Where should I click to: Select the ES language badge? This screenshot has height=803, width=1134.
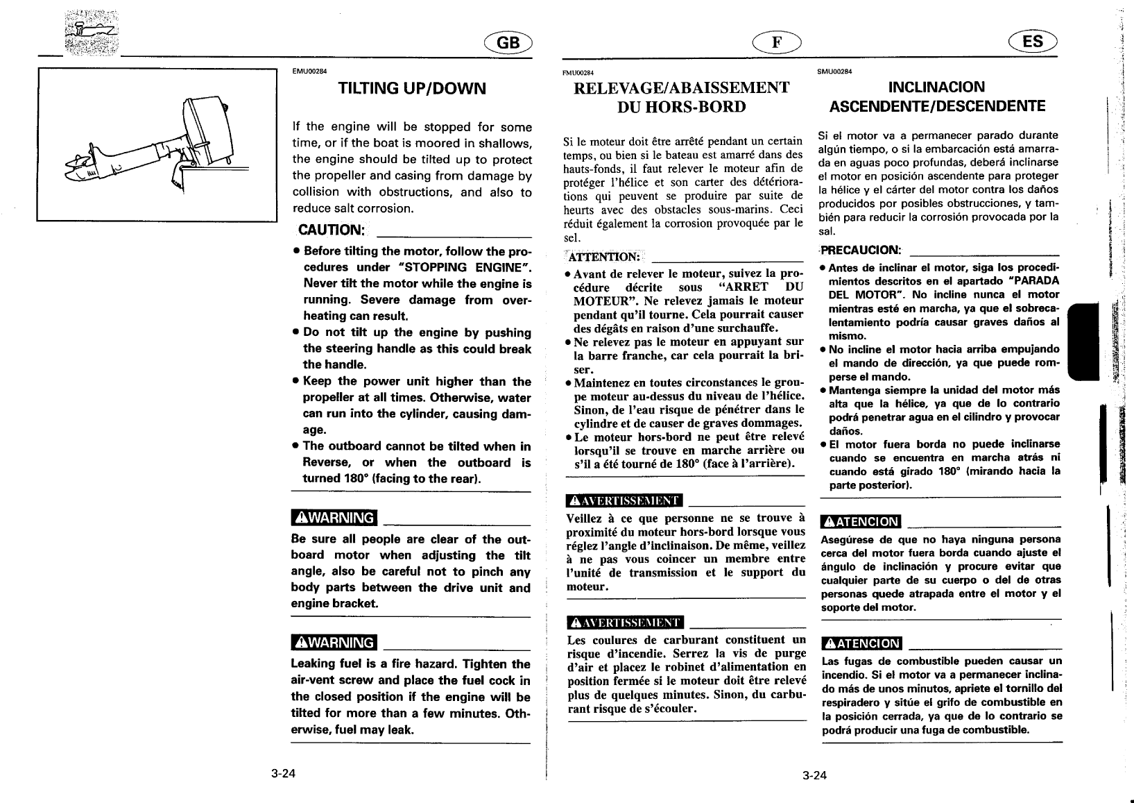coord(1032,42)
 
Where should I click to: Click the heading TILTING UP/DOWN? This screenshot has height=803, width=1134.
coord(411,88)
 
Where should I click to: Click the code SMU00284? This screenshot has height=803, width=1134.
coord(835,71)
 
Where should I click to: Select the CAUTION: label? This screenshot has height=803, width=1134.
coord(330,230)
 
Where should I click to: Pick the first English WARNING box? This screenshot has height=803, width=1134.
coord(334,518)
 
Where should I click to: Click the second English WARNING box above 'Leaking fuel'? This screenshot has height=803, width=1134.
coord(334,643)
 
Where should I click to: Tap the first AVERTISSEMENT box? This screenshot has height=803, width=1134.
coord(624,500)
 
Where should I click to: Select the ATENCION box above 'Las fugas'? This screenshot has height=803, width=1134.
coord(861,643)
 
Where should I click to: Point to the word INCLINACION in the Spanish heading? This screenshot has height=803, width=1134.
coord(936,87)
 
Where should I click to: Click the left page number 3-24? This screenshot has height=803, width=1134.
coord(284,774)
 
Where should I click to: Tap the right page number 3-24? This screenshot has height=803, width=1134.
coord(815,775)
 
